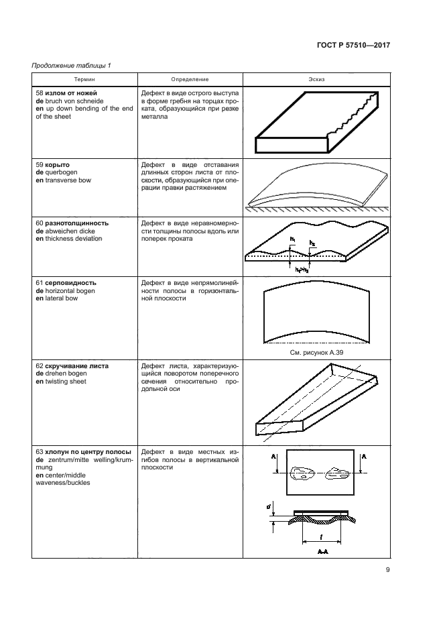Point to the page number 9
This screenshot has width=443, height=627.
388,571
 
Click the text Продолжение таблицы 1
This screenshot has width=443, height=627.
71,65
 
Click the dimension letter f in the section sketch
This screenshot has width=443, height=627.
322,536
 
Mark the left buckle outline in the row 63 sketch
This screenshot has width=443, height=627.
300,475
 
